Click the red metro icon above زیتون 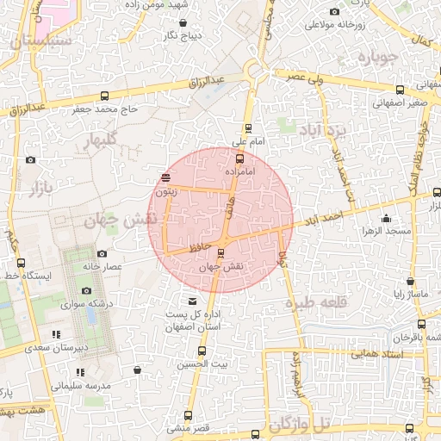pyautogui.click(x=165, y=178)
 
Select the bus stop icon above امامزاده pyautogui.click(x=239, y=158)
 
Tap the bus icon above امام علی pyautogui.click(x=248, y=127)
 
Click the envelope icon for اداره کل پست pyautogui.click(x=191, y=301)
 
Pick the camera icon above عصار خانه pyautogui.click(x=102, y=253)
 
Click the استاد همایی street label pyautogui.click(x=353, y=352)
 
